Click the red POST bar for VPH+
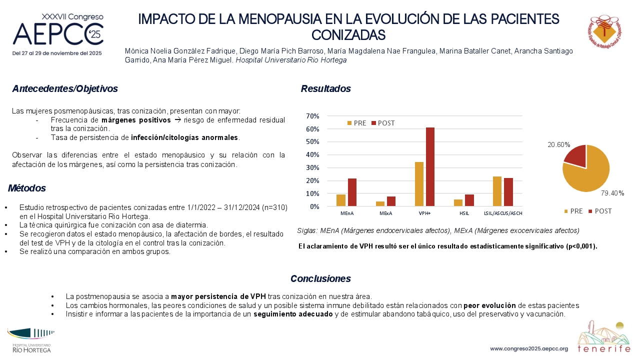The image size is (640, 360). [x=430, y=167]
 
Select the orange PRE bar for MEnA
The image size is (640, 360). [x=341, y=200]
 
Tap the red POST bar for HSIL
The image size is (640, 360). [x=469, y=200]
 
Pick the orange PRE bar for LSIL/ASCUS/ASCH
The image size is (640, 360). [x=497, y=191]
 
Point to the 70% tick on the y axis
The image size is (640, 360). [x=312, y=116]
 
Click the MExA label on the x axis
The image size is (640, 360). [x=385, y=213]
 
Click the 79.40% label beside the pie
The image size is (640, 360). [x=612, y=193]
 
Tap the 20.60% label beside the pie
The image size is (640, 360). [x=559, y=145]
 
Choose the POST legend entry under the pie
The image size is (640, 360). [x=600, y=211]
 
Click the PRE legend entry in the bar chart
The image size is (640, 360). [x=356, y=123]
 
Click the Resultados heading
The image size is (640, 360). [x=325, y=89]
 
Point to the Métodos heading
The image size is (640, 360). [x=27, y=188]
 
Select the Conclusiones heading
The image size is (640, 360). [x=320, y=278]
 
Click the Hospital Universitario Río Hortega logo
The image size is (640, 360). [x=31, y=340]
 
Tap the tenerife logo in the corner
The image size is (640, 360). [x=603, y=337]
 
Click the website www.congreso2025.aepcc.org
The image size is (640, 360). [x=529, y=349]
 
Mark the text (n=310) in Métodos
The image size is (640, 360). [x=274, y=207]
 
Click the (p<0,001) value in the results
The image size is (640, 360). [x=581, y=246]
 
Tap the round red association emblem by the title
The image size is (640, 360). [x=604, y=31]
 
